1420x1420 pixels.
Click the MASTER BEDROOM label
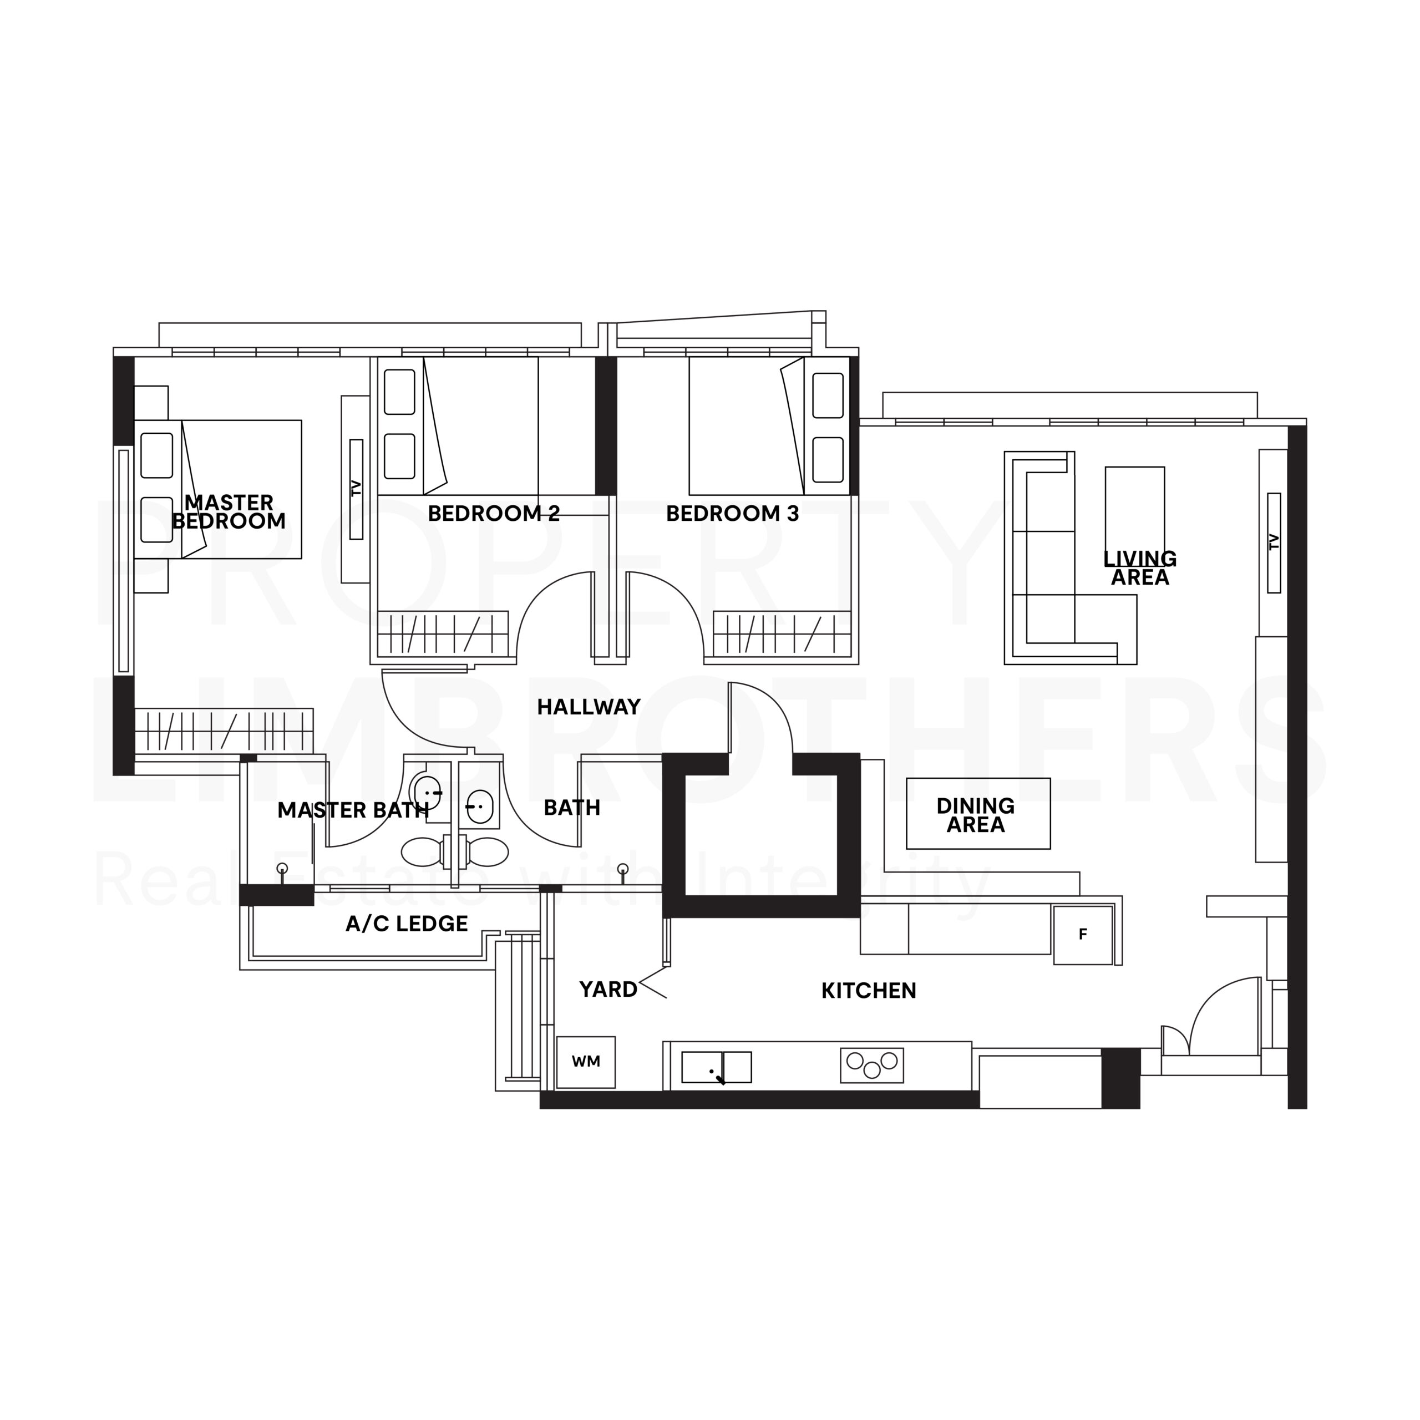(x=229, y=511)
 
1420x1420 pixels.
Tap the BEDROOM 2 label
(x=494, y=513)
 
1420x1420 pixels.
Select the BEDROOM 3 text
(x=732, y=513)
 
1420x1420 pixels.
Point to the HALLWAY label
(x=589, y=707)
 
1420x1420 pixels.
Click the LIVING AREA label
(x=1140, y=568)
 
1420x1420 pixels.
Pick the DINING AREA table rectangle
(x=978, y=814)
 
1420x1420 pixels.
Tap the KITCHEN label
(x=869, y=991)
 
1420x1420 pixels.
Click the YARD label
(x=608, y=990)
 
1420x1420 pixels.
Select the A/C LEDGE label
(x=407, y=924)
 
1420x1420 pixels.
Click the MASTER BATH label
(x=353, y=810)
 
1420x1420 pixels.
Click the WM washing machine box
(x=586, y=1062)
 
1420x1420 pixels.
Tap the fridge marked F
(x=1083, y=935)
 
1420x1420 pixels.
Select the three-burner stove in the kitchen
(x=872, y=1065)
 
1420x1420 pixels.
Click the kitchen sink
(x=717, y=1067)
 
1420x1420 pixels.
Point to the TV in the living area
(x=1274, y=542)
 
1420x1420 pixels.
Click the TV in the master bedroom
(x=357, y=489)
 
